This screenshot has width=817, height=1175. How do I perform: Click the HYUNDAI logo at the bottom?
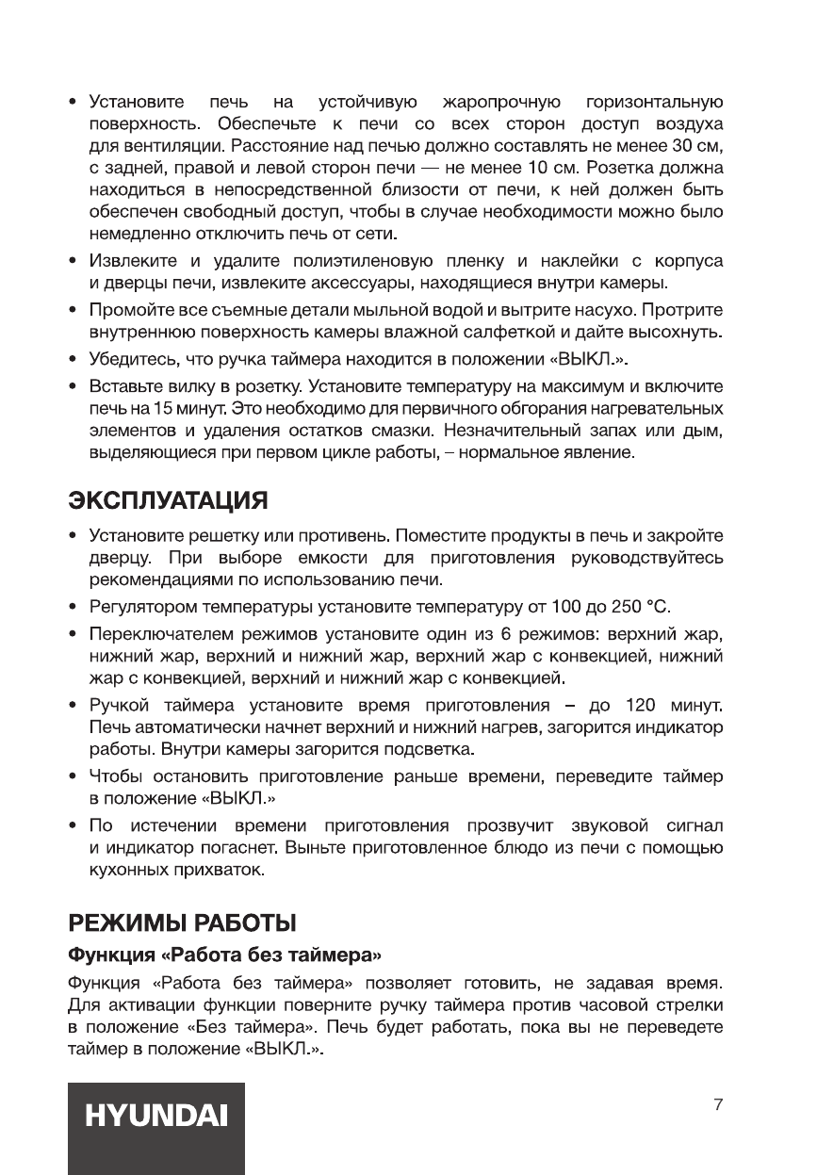pos(156,1117)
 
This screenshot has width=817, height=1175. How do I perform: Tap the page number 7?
pos(719,1104)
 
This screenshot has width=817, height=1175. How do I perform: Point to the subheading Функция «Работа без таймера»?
pos(223,955)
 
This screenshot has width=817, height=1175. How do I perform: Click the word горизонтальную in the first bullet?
pos(655,102)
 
